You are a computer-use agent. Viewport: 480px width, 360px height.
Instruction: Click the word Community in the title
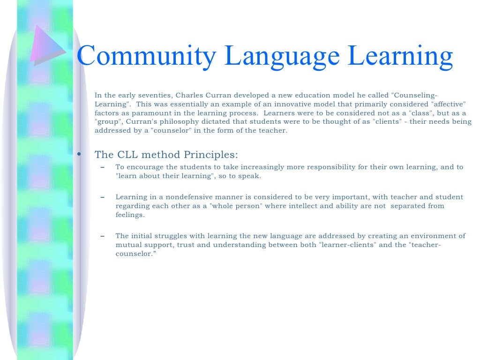coord(146,56)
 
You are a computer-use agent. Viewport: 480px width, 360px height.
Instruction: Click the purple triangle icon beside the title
coord(46,44)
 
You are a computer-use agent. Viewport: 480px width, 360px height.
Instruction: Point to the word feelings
coord(130,215)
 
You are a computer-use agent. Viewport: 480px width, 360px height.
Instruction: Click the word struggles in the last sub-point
coord(169,236)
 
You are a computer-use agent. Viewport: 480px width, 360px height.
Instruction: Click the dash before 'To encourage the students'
coord(103,167)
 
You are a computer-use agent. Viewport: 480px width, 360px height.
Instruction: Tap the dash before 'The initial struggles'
coord(103,236)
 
